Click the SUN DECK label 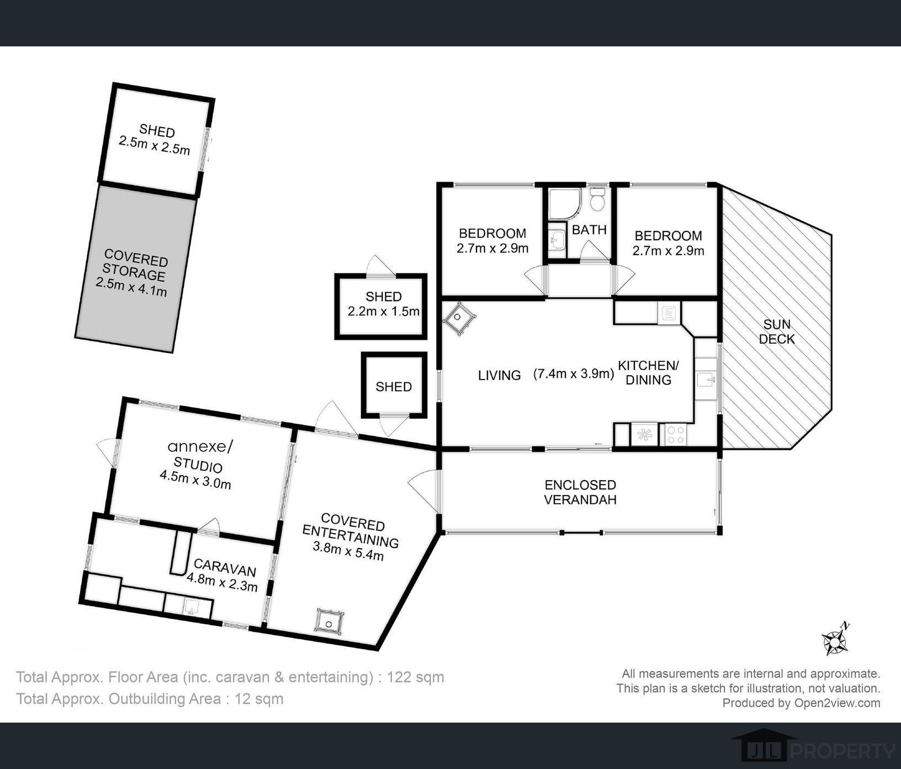click(777, 331)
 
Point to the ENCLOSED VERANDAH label click(580, 492)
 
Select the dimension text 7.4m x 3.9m click(574, 373)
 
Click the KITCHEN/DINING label click(648, 372)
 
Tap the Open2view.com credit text click(837, 703)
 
